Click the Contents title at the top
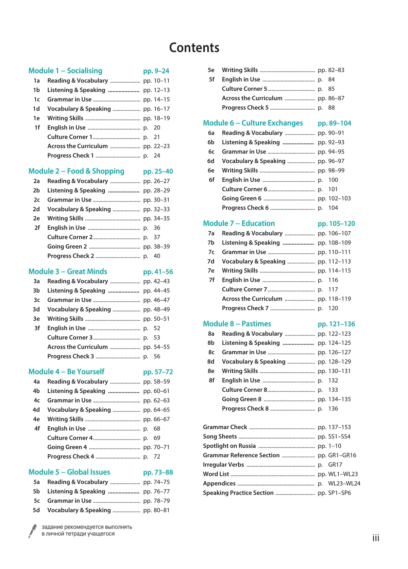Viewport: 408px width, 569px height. (x=194, y=48)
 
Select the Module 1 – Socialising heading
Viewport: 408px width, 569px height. (x=65, y=71)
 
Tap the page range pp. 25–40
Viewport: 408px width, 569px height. (x=158, y=172)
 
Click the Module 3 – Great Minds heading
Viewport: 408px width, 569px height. (x=68, y=271)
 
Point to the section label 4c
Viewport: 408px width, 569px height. (x=36, y=401)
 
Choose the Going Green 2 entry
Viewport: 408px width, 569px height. (x=67, y=247)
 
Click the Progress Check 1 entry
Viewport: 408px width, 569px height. (x=70, y=156)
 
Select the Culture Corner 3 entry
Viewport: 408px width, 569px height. (x=70, y=338)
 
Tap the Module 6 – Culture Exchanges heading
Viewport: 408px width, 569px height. (x=253, y=123)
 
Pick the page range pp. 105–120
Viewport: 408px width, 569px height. (x=336, y=224)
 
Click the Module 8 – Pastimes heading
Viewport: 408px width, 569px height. (x=237, y=324)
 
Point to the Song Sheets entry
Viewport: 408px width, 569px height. (x=220, y=437)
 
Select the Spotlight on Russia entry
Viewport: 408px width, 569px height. (x=229, y=446)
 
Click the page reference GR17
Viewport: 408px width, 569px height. (x=335, y=465)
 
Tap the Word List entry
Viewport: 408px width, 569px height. (x=216, y=474)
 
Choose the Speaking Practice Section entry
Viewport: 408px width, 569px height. (x=238, y=493)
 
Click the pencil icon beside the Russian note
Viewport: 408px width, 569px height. (x=33, y=531)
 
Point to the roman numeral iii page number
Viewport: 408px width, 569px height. (x=375, y=538)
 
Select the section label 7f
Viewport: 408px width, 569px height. (x=211, y=280)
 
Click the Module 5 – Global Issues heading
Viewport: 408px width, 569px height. (x=69, y=472)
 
